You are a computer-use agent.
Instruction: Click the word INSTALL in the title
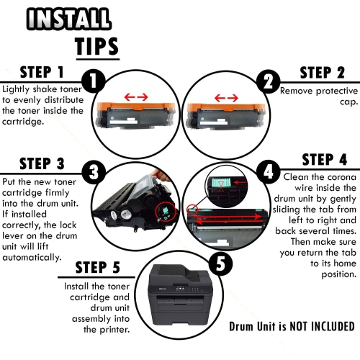pyautogui.click(x=68, y=19)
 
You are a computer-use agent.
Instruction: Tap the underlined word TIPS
pyautogui.click(x=96, y=46)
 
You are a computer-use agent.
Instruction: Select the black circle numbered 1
pyautogui.click(x=94, y=81)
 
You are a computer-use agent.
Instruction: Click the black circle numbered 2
pyautogui.click(x=269, y=81)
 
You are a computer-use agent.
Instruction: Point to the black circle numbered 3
pyautogui.click(x=94, y=172)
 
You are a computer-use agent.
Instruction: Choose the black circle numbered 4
pyautogui.click(x=268, y=172)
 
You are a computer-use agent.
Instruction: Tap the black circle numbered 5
pyautogui.click(x=220, y=264)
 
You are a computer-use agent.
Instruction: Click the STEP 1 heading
pyautogui.click(x=42, y=72)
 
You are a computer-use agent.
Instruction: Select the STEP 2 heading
pyautogui.click(x=323, y=73)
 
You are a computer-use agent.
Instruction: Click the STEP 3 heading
pyautogui.click(x=42, y=163)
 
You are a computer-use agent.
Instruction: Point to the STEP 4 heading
pyautogui.click(x=325, y=159)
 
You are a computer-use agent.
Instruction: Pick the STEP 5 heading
pyautogui.click(x=97, y=267)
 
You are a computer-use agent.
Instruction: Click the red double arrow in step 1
pyautogui.click(x=136, y=97)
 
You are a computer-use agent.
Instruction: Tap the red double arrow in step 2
pyautogui.click(x=226, y=98)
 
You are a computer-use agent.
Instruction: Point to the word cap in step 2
pyautogui.click(x=348, y=102)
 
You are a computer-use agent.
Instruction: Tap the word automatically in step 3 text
pyautogui.click(x=32, y=257)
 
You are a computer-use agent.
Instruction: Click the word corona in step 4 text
pyautogui.click(x=342, y=177)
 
